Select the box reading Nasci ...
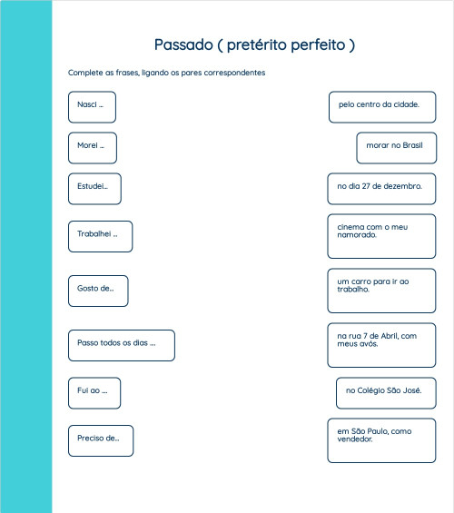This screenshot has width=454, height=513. (92, 106)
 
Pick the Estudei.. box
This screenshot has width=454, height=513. (94, 188)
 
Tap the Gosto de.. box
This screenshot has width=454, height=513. (97, 291)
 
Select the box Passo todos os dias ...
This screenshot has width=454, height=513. (121, 345)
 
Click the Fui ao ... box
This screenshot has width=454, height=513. (94, 392)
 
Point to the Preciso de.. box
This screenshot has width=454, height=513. (100, 440)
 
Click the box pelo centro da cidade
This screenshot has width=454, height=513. (381, 106)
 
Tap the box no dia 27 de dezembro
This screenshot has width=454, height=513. (381, 188)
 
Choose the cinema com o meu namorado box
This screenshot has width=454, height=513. (381, 236)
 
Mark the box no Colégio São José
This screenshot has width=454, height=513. (386, 392)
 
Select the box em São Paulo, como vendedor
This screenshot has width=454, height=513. (381, 440)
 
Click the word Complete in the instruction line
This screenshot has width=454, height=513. (84, 73)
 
